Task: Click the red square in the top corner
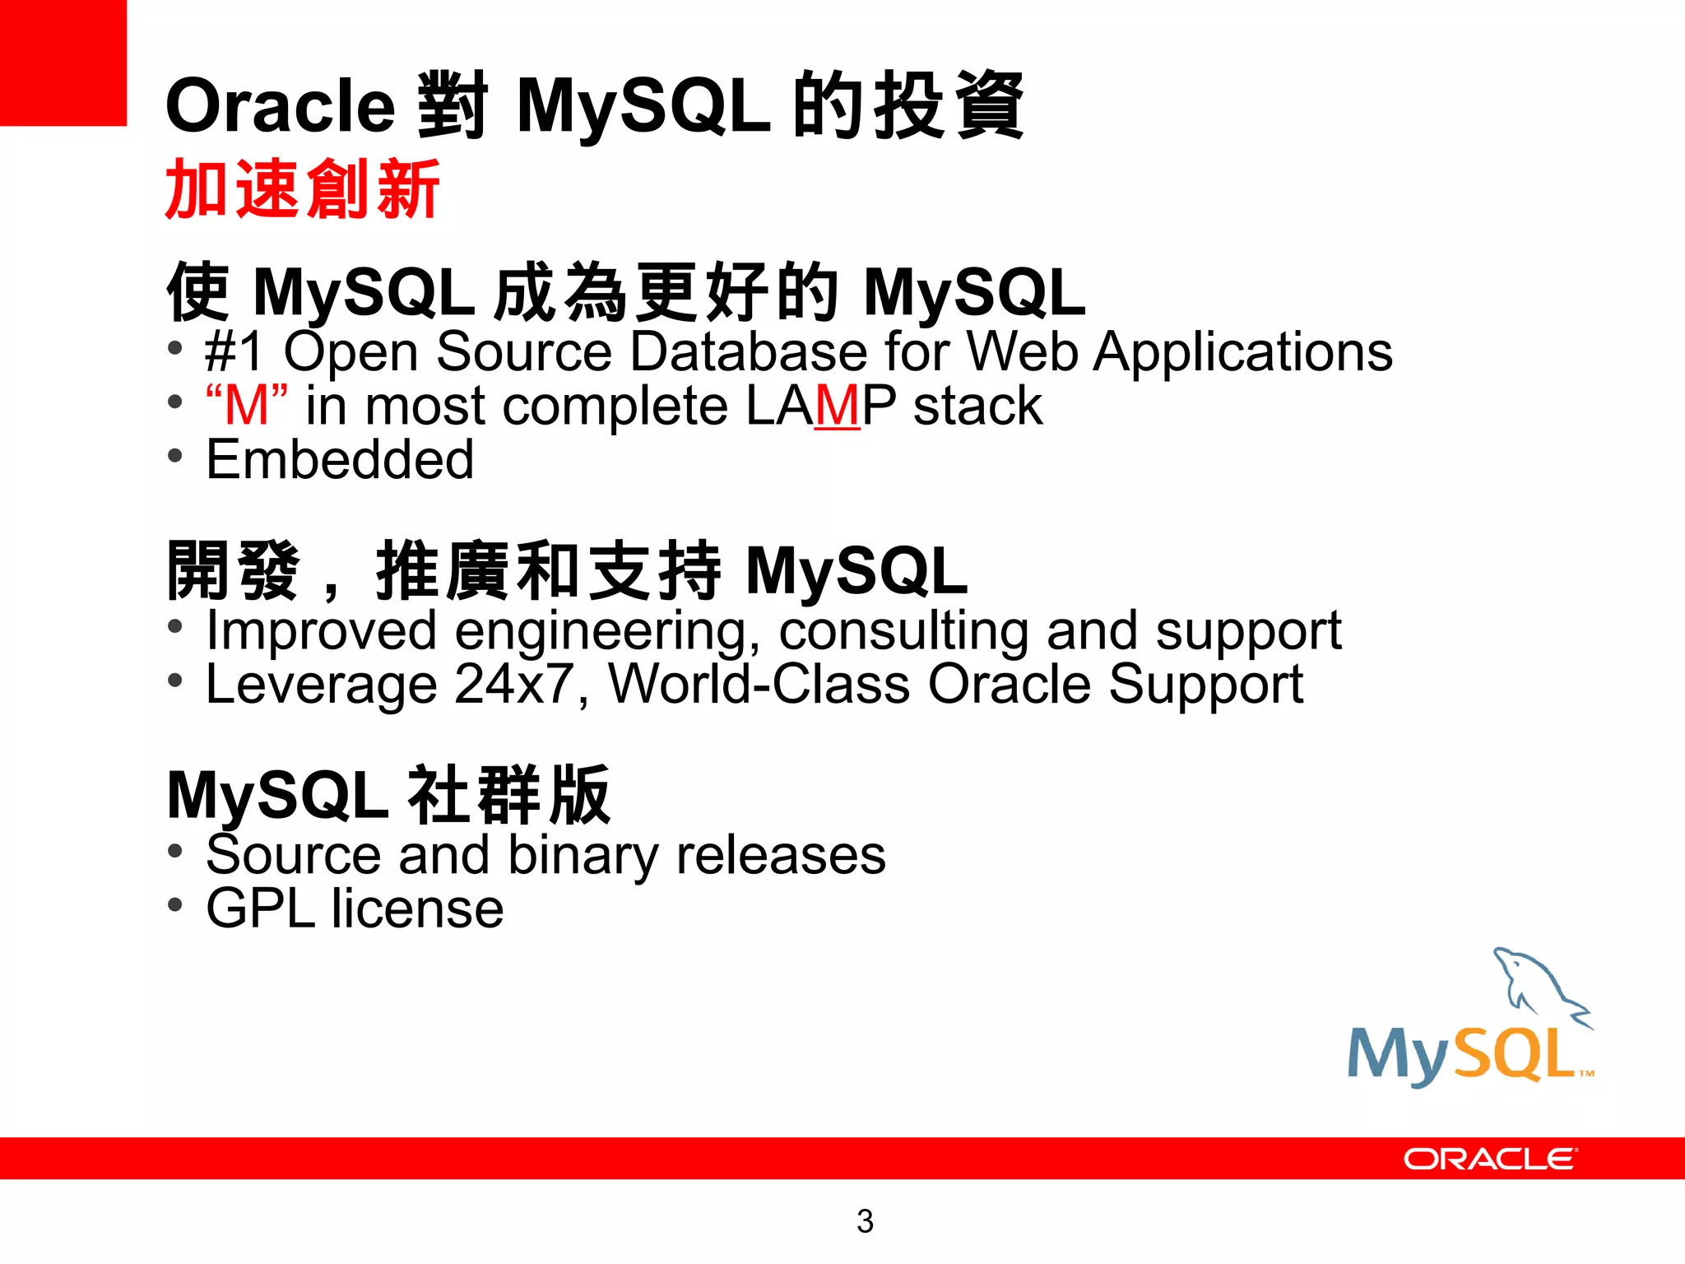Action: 63,63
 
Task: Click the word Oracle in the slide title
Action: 280,107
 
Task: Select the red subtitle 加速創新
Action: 302,190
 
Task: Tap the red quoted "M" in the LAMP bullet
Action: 247,405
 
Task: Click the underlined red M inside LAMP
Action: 838,406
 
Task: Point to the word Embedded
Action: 340,459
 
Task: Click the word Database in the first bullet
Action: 748,352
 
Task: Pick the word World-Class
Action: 759,685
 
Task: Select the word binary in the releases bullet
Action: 583,856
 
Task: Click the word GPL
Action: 260,909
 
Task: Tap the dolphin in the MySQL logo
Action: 1535,983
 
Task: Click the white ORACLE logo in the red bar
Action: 1489,1159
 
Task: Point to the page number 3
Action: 865,1221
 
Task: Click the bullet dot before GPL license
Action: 174,905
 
